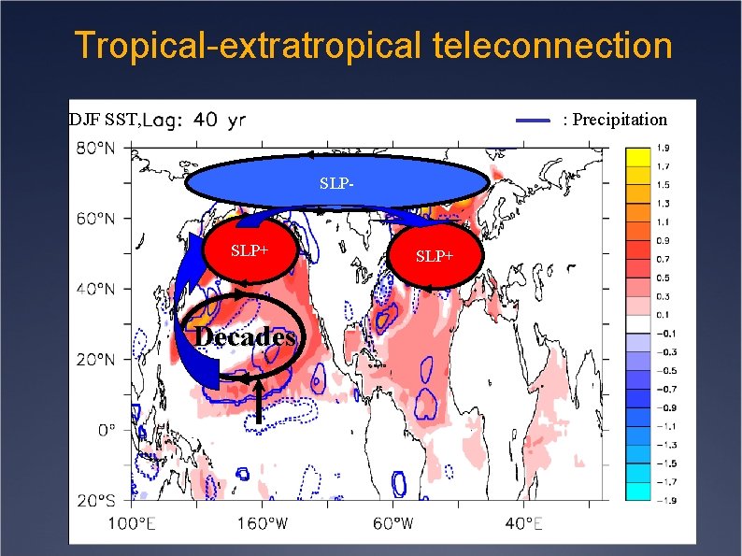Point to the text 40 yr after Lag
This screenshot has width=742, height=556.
[221, 120]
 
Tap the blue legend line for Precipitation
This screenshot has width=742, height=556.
[534, 120]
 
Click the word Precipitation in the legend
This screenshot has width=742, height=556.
[615, 120]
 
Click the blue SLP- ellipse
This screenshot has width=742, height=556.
[336, 181]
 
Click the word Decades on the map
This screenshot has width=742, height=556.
[247, 337]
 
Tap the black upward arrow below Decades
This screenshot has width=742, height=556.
[258, 402]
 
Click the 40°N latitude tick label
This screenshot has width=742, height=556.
[95, 289]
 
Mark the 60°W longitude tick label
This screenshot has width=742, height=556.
[392, 522]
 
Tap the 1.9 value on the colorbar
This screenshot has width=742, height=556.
[664, 148]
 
